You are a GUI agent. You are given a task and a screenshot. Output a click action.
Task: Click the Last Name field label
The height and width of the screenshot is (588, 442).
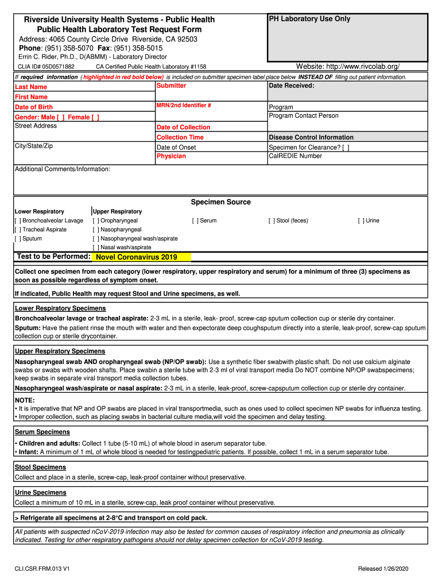pyautogui.click(x=31, y=87)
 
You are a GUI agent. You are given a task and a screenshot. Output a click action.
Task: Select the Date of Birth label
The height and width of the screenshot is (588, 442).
pyautogui.click(x=33, y=107)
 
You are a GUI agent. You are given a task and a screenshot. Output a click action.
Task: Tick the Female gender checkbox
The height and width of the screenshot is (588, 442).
pyautogui.click(x=95, y=117)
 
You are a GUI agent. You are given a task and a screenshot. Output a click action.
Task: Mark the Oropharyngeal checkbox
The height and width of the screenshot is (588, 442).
pyautogui.click(x=96, y=220)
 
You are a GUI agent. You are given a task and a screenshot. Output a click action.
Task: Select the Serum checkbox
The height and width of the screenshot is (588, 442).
pyautogui.click(x=195, y=220)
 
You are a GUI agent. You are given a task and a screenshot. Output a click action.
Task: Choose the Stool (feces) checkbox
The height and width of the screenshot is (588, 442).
pyautogui.click(x=272, y=220)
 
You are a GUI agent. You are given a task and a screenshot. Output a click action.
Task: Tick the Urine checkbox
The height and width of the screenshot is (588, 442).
pyautogui.click(x=361, y=220)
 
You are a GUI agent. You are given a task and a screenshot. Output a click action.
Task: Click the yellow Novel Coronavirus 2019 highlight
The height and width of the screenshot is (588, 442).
pyautogui.click(x=141, y=257)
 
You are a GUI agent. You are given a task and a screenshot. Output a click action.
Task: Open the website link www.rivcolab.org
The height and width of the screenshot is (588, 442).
pyautogui.click(x=361, y=67)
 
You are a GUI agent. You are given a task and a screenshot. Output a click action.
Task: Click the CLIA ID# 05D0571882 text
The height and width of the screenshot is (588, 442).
pyautogui.click(x=46, y=67)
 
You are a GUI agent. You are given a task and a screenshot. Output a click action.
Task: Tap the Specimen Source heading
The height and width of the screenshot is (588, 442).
pyautogui.click(x=220, y=202)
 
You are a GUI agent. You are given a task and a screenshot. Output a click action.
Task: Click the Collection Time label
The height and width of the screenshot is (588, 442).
pyautogui.click(x=180, y=137)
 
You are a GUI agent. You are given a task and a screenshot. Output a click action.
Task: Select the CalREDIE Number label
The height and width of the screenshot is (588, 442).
pyautogui.click(x=295, y=156)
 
